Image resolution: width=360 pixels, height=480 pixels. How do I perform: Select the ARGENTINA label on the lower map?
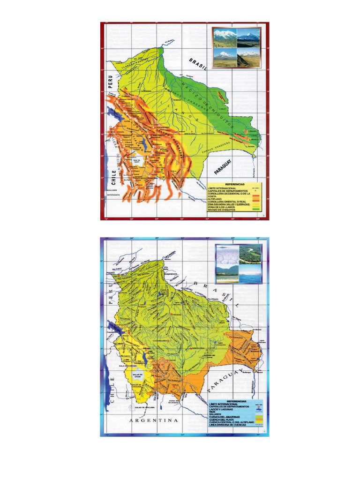point(154,420)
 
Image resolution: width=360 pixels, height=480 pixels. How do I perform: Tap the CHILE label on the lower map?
point(112,394)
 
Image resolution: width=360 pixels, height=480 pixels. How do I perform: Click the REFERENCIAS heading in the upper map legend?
point(234,184)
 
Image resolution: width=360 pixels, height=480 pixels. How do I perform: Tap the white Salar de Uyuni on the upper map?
point(132,164)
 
